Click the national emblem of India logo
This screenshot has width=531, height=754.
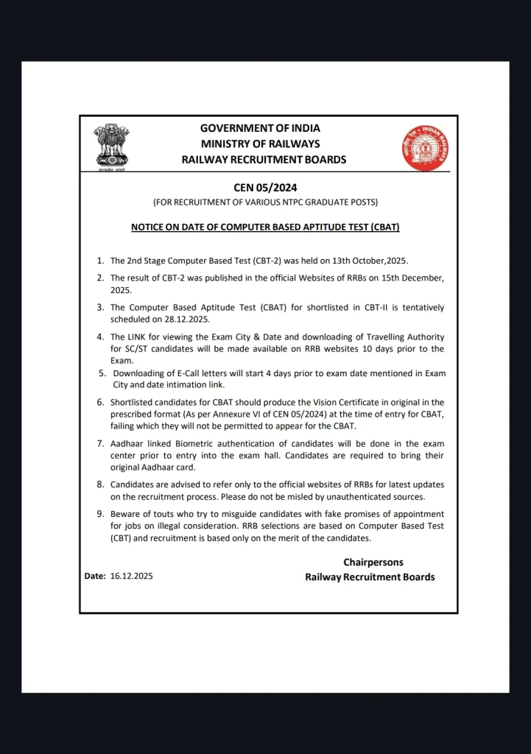tap(111, 147)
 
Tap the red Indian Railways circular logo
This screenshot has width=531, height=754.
tap(425, 147)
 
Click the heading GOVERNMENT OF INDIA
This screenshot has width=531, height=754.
tap(260, 128)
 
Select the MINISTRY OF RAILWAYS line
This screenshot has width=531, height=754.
tap(260, 144)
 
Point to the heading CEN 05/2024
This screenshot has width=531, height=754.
tap(265, 188)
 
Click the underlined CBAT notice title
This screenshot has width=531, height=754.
tap(265, 228)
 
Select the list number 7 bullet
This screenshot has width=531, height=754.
tap(101, 444)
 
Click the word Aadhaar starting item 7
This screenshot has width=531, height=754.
tap(129, 444)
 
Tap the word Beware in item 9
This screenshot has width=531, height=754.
tap(126, 514)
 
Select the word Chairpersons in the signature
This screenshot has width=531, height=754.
tap(373, 563)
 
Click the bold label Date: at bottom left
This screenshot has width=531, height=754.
tap(95, 577)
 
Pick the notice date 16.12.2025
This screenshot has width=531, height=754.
tap(132, 577)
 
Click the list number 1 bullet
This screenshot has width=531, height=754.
tap(101, 261)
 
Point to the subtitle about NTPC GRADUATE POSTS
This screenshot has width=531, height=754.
tap(265, 202)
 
